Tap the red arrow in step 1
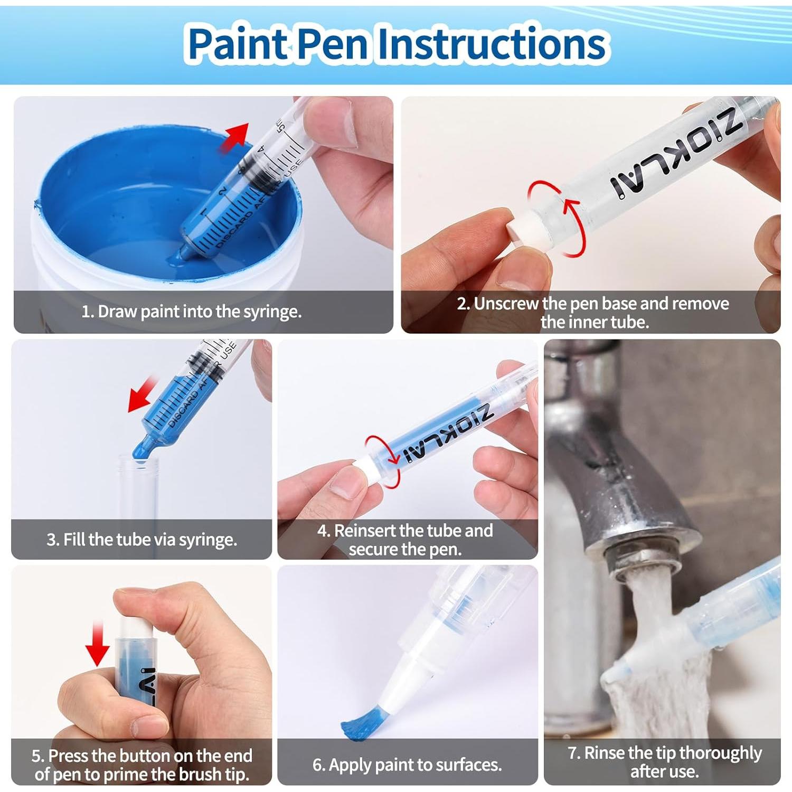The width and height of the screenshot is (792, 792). click(235, 138)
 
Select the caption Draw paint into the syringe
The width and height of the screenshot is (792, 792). click(191, 312)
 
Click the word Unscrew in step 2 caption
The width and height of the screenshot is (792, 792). click(506, 304)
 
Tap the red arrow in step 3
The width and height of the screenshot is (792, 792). click(143, 394)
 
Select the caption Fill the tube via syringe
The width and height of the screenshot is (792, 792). click(142, 540)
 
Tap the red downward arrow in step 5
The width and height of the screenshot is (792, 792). click(98, 644)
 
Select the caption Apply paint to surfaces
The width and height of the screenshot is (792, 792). click(407, 765)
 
